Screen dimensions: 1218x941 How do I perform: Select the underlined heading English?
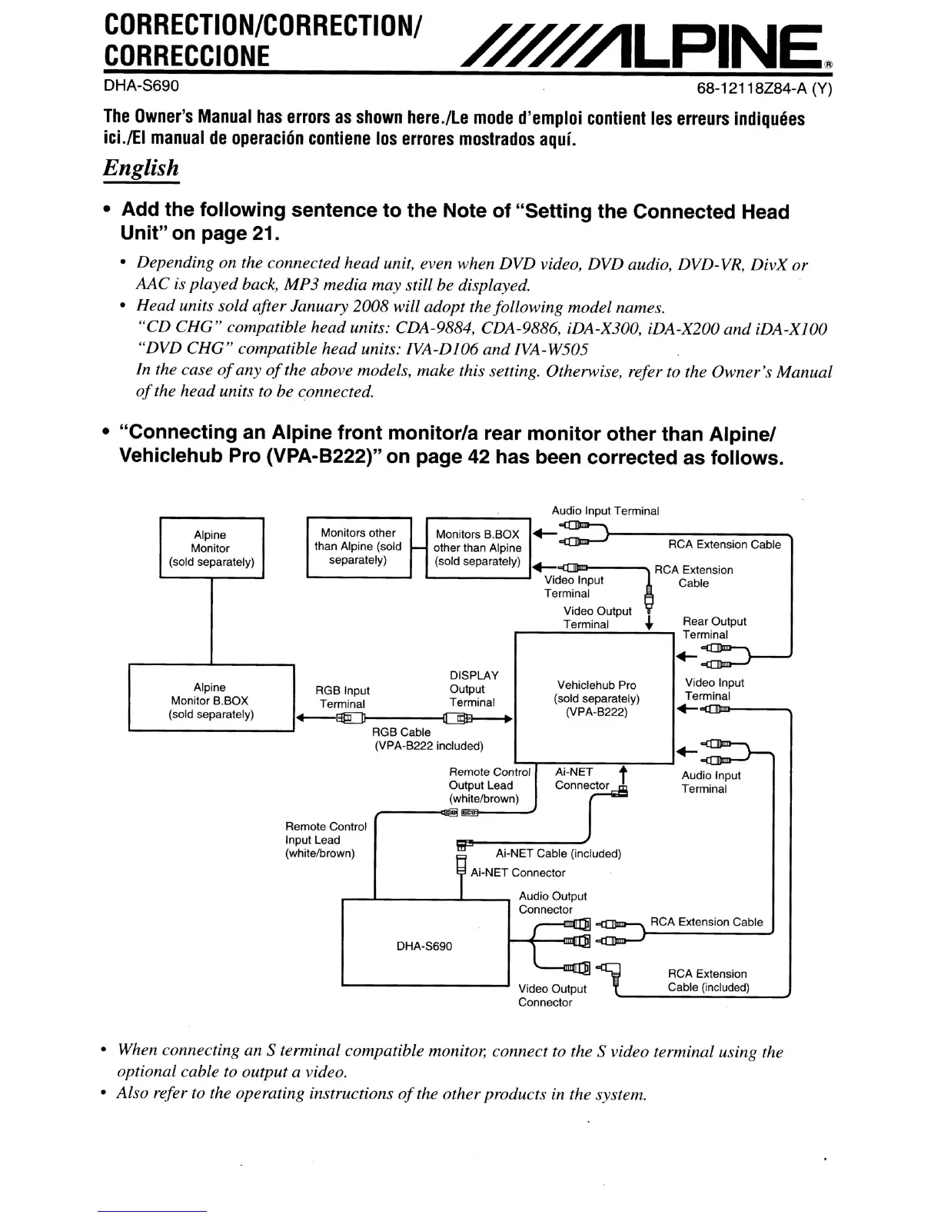coord(141,168)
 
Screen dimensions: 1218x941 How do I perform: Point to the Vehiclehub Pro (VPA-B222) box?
coord(596,698)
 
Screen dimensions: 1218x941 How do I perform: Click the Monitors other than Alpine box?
coord(358,547)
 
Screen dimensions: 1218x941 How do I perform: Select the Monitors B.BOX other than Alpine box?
coord(477,547)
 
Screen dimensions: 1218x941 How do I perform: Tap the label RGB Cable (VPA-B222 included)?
coord(428,739)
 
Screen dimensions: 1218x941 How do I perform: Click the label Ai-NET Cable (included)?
coord(558,853)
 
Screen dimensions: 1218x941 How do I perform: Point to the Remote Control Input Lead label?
coord(326,840)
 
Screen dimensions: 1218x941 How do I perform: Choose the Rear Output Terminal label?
coord(713,627)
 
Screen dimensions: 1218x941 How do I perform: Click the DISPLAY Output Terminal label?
coord(473,688)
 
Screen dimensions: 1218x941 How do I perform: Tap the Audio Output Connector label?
coord(552,903)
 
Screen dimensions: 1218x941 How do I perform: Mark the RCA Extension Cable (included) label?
coord(707,980)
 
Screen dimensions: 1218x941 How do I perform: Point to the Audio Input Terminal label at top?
coord(605,511)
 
